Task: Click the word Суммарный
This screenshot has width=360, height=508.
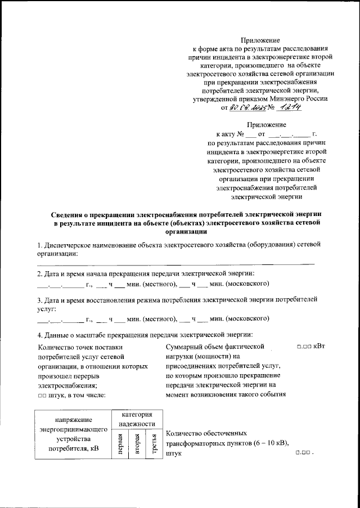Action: (x=186, y=347)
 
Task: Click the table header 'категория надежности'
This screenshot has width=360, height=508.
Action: (x=137, y=418)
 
